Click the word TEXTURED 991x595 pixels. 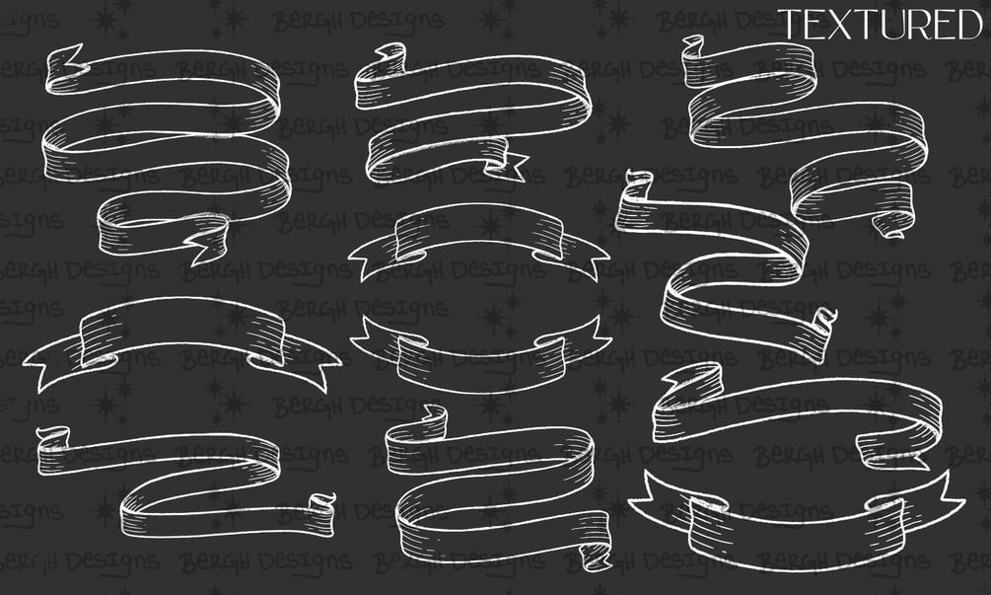click(x=881, y=25)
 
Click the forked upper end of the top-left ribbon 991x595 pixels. click(x=65, y=62)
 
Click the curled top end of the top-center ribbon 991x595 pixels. click(x=390, y=53)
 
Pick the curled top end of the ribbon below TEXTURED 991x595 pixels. click(x=693, y=46)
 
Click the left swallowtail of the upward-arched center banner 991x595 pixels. click(x=373, y=260)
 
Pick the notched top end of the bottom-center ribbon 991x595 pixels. click(x=434, y=417)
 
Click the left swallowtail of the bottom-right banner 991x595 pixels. click(x=660, y=496)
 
